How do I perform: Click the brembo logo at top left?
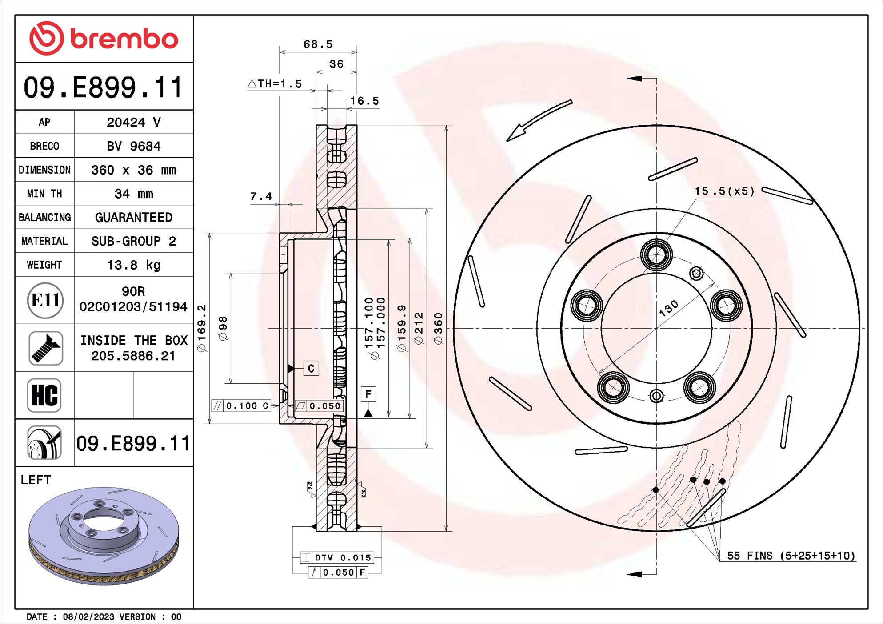104,39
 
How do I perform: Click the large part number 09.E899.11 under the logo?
104,87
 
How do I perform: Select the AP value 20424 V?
133,122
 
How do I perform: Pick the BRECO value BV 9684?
133,146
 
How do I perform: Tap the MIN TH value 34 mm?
133,194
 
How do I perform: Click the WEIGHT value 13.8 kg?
133,265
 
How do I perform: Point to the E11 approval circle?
45,301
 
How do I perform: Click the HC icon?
44,395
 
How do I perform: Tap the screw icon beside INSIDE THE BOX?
45,348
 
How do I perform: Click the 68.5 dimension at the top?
318,44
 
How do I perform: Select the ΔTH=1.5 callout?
275,84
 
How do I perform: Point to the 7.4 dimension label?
261,196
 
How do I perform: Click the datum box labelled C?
311,368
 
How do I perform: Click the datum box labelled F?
368,394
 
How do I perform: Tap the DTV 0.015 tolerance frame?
337,557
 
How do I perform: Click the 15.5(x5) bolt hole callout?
724,191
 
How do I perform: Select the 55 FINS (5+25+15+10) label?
791,556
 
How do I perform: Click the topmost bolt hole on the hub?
656,255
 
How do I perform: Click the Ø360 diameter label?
438,329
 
